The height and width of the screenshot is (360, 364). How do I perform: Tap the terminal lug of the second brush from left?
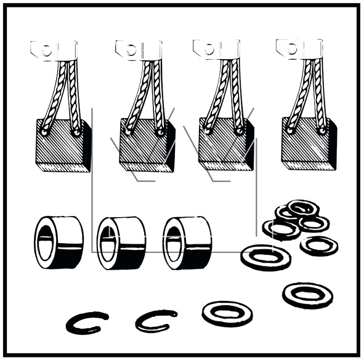tap(139, 49)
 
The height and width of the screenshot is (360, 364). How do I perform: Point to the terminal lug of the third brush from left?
tap(216, 48)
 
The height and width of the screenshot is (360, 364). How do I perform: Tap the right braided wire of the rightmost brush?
tap(318, 92)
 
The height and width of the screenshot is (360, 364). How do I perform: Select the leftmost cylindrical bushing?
tap(59, 243)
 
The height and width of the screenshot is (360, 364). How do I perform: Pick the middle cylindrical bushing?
tap(121, 243)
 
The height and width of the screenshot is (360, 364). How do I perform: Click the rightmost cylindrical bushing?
tap(187, 243)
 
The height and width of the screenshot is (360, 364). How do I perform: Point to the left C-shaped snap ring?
tap(87, 321)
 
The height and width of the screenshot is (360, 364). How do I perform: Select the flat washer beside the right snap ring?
tap(227, 313)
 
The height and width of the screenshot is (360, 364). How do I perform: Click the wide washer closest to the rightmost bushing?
tap(265, 255)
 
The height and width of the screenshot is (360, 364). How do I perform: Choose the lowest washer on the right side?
tap(307, 294)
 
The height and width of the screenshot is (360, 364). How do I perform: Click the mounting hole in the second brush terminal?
tap(131, 50)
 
